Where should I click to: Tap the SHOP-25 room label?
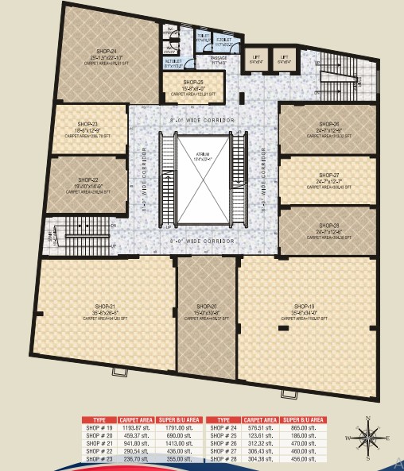pyautogui.click(x=193, y=82)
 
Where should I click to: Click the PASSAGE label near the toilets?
pyautogui.click(x=219, y=58)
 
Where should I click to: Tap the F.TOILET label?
pyautogui.click(x=223, y=39)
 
